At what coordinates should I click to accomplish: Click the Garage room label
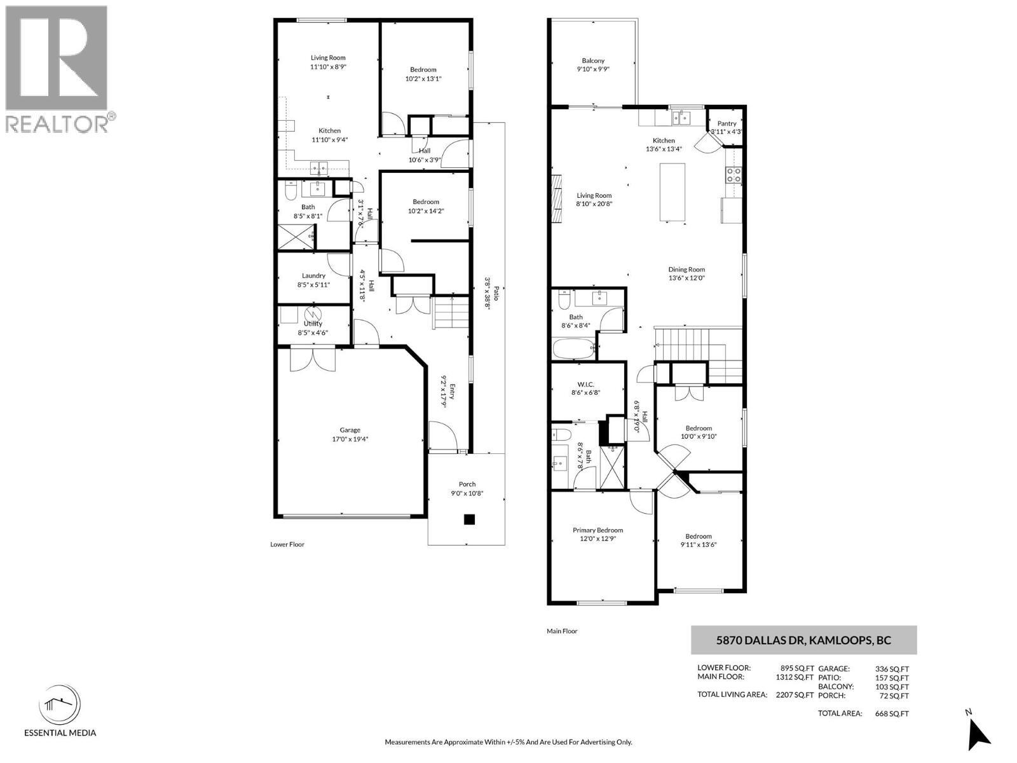point(350,430)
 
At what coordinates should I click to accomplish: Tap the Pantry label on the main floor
point(727,123)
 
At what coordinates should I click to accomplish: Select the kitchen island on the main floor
point(672,192)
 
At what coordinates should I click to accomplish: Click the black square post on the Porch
point(469,519)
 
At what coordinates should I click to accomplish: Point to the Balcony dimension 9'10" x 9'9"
point(593,69)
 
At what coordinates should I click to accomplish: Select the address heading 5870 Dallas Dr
point(803,640)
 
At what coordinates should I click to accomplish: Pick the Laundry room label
point(313,275)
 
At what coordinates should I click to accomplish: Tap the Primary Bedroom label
point(597,530)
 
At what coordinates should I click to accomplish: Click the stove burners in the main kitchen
point(733,175)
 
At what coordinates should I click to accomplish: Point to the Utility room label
point(313,324)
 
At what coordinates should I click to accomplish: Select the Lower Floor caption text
point(287,544)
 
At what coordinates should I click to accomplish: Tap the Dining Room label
point(686,269)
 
